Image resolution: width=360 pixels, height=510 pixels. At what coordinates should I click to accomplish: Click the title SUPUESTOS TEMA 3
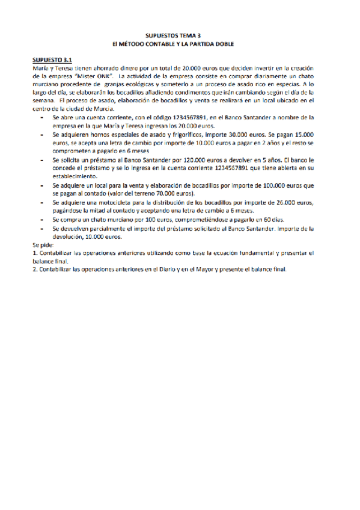point(180,37)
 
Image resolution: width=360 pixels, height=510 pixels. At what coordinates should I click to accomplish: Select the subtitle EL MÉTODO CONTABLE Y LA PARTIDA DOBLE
point(180,45)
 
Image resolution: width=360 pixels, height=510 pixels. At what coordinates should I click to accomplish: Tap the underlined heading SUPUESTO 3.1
point(52,60)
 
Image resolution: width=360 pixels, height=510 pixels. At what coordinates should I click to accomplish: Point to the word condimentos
point(207,93)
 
